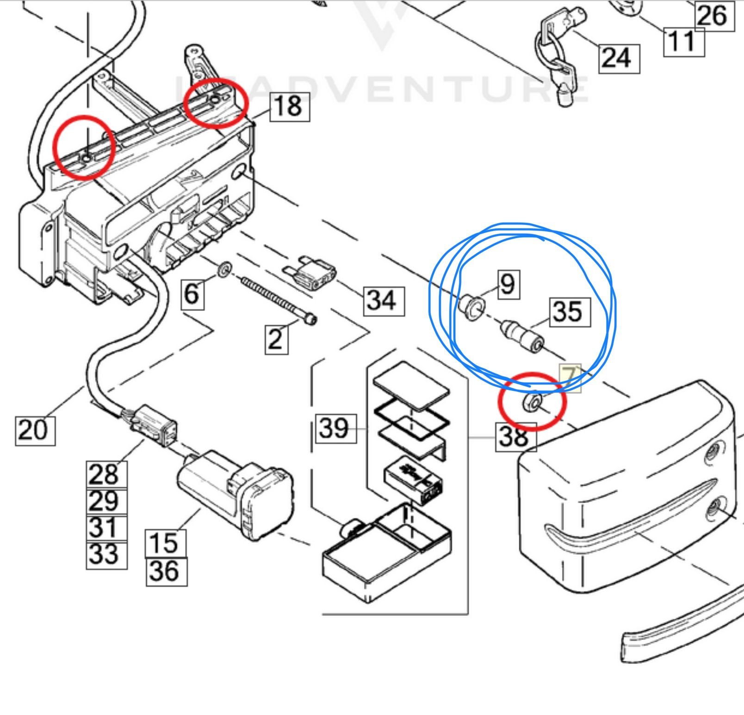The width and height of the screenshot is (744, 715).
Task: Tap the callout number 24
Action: point(619,59)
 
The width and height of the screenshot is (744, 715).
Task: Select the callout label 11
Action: point(683,42)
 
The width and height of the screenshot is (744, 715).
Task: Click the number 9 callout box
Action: point(508,284)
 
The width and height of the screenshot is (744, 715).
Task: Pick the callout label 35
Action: point(570,312)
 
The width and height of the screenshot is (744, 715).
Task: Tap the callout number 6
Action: point(192,293)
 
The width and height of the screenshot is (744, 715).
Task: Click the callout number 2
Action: point(276,339)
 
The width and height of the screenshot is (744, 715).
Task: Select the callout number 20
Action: point(35,430)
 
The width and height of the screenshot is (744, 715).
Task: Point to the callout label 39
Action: point(336,428)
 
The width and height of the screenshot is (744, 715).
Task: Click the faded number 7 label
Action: point(570,378)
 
